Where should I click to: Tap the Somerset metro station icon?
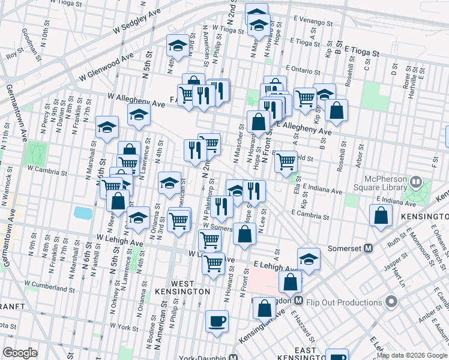click(x=369, y=248)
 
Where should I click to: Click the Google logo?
click(x=20, y=353)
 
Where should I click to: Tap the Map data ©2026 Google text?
click(x=412, y=355)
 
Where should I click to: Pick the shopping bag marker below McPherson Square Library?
click(x=381, y=217)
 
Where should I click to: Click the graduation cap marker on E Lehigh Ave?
click(x=309, y=259)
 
